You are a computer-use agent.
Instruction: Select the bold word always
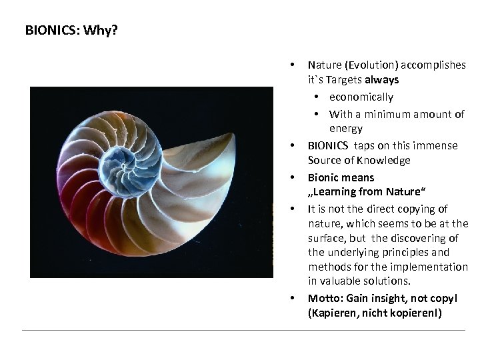point(382,79)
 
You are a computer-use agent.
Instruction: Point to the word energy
point(346,128)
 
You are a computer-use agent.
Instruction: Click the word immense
point(438,145)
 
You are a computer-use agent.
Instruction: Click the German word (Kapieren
point(331,313)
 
